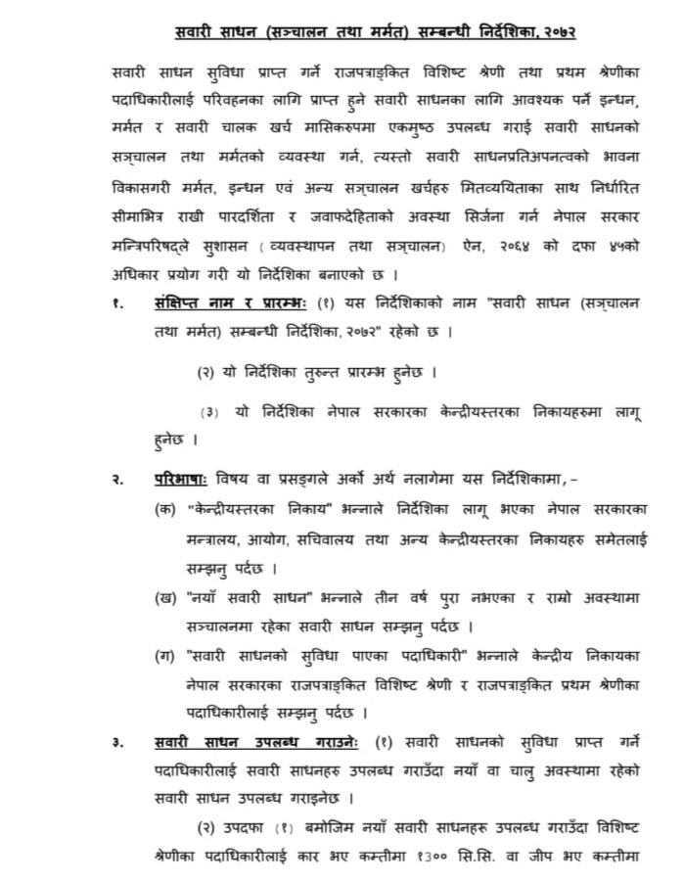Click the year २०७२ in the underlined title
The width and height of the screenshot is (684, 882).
553,32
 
